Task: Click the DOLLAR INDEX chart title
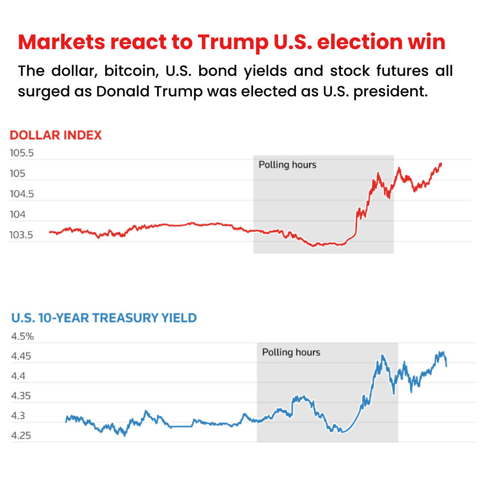pyautogui.click(x=56, y=135)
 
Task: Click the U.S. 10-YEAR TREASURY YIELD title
pyautogui.click(x=104, y=318)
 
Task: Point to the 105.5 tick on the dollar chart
pyautogui.click(x=22, y=154)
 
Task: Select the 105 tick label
pyautogui.click(x=18, y=174)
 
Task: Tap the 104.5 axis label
pyautogui.click(x=22, y=194)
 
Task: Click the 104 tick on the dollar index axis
pyautogui.click(x=18, y=215)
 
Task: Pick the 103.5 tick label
pyautogui.click(x=22, y=235)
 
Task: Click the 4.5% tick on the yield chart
pyautogui.click(x=22, y=336)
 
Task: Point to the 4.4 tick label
pyautogui.click(x=18, y=376)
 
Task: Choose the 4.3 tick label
pyautogui.click(x=18, y=416)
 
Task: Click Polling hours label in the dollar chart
pyautogui.click(x=287, y=165)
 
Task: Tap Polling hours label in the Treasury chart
pyautogui.click(x=291, y=353)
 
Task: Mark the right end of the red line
pyautogui.click(x=441, y=163)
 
